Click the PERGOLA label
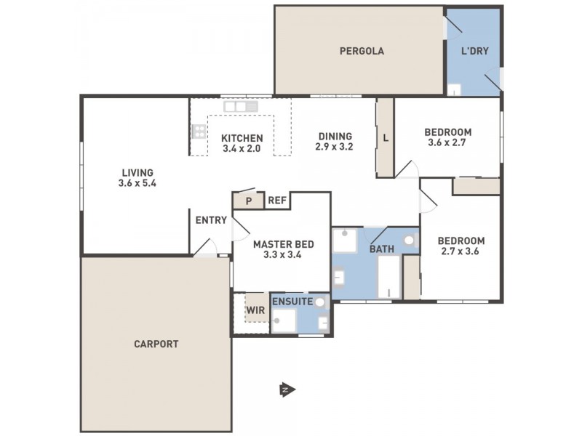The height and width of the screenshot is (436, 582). coord(361,52)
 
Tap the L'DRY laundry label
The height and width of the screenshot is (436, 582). coord(474,52)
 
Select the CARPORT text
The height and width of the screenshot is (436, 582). coord(156,344)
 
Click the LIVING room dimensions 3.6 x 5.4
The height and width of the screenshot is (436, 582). coord(137,184)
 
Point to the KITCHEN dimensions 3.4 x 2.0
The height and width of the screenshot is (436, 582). coord(242,149)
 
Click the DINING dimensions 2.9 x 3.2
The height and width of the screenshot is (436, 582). coord(334,146)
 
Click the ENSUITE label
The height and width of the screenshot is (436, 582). coord(292,301)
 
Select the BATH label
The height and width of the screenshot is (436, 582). coord(382,249)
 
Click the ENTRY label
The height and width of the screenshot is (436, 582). coord(211,220)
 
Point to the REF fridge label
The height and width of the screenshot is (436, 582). coord(276,201)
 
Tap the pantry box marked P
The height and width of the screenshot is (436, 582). coord(248,201)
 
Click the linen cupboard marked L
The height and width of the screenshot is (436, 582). coord(385,138)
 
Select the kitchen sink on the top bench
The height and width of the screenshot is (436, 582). coord(240,106)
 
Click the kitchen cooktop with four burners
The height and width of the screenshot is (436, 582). coord(199,132)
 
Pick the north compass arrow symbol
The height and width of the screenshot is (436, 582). coord(285,390)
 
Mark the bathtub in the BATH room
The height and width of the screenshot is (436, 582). coord(389,278)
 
